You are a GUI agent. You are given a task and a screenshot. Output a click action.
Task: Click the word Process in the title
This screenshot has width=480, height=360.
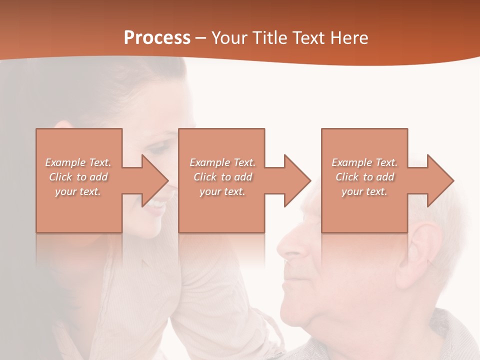[x=157, y=38]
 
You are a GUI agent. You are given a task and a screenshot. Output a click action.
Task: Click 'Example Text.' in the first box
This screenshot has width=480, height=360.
[x=78, y=162]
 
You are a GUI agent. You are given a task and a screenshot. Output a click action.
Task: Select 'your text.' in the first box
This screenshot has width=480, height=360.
[x=78, y=191]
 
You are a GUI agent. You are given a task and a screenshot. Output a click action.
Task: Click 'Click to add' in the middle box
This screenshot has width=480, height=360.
[x=222, y=177]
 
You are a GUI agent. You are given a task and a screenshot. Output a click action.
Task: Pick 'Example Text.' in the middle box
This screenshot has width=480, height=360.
[x=222, y=162]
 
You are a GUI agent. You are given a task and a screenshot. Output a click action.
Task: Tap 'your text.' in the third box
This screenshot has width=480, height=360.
[x=364, y=191]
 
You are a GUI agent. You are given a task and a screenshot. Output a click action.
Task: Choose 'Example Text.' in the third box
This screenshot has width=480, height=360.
[x=364, y=162]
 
